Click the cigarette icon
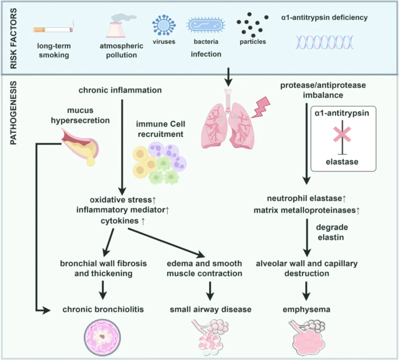52,29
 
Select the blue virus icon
163,26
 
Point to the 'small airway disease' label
210,309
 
